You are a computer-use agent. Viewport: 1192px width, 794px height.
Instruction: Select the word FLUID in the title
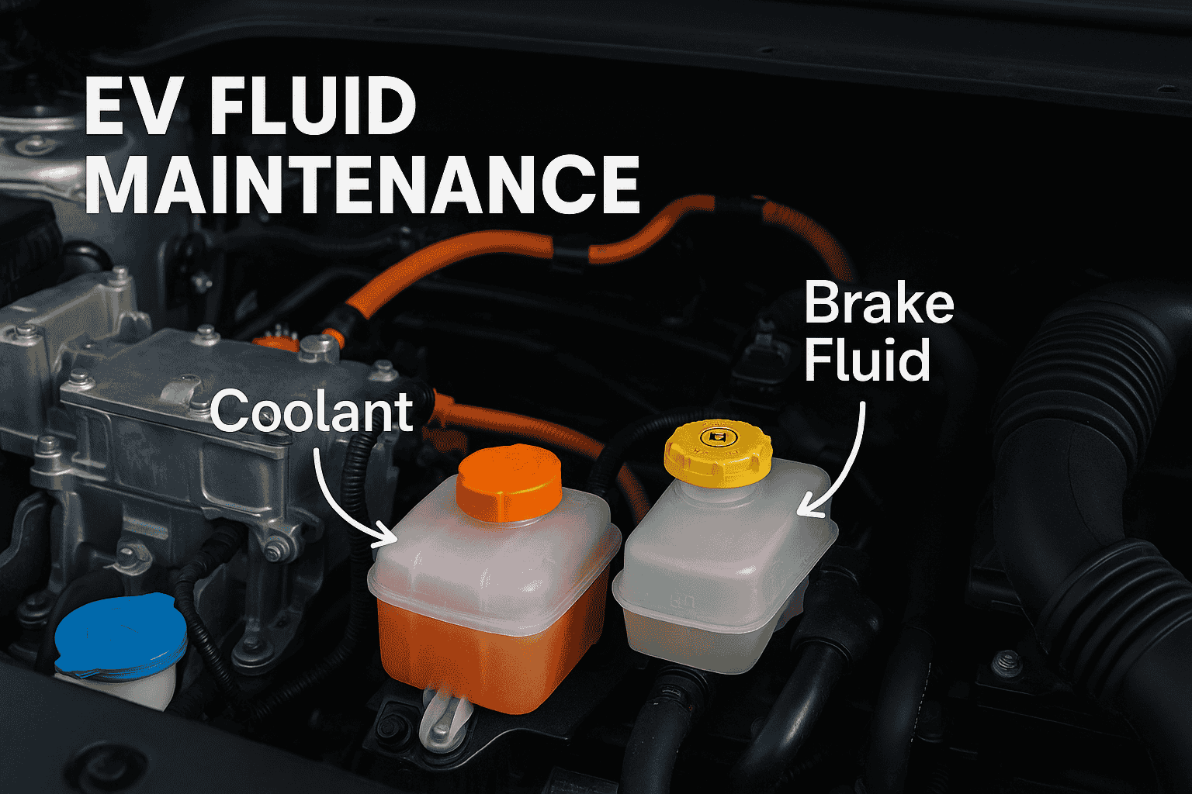click(313, 108)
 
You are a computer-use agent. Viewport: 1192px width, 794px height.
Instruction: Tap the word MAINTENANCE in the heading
click(362, 184)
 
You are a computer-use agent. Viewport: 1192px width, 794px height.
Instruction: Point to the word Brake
click(879, 304)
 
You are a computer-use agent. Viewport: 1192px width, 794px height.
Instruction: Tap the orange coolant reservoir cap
click(509, 482)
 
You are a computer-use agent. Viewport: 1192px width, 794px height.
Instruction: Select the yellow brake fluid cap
click(718, 453)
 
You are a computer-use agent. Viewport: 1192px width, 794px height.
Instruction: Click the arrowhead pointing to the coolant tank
click(386, 536)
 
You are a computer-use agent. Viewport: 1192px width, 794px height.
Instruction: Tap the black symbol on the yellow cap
click(714, 437)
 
